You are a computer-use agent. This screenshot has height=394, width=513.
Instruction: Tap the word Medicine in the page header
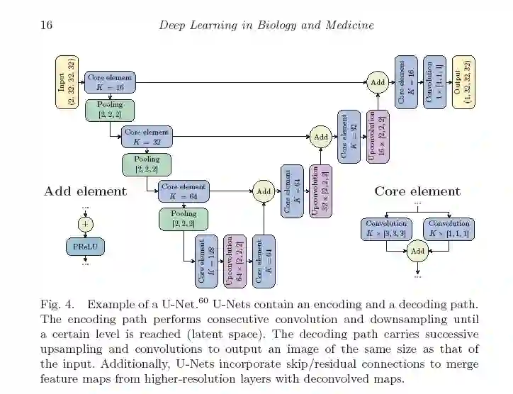(347, 26)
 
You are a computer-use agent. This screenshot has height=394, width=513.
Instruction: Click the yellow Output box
(463, 81)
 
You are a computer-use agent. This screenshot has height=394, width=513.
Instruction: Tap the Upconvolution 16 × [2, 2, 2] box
(378, 137)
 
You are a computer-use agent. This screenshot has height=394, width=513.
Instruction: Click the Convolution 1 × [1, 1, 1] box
(434, 81)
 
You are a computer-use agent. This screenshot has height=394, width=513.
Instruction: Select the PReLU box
(86, 246)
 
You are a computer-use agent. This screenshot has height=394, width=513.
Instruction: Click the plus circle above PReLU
(86, 224)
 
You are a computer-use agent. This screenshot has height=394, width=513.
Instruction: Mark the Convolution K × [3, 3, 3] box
(386, 228)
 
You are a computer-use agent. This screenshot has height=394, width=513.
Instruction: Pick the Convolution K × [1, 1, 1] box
(449, 228)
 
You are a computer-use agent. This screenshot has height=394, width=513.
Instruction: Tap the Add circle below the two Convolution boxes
(417, 251)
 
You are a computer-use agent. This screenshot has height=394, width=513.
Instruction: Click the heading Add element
(85, 191)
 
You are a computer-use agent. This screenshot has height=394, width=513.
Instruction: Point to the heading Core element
(417, 191)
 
